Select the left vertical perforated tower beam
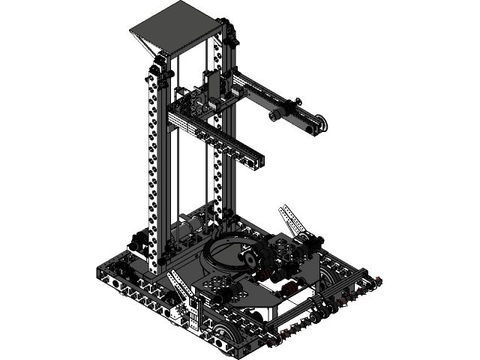click(x=154, y=165)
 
